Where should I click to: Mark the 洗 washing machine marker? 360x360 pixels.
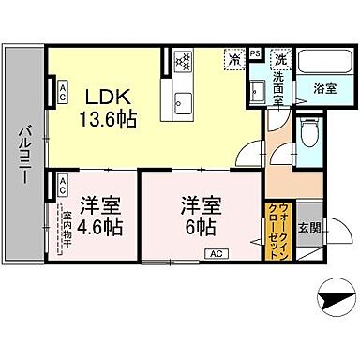tap(278, 58)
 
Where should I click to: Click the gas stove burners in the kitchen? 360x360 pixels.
tap(181, 64)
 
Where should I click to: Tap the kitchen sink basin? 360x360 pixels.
tap(181, 101)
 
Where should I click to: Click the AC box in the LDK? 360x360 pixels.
tap(62, 90)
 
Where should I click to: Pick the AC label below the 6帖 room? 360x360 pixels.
tap(215, 253)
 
